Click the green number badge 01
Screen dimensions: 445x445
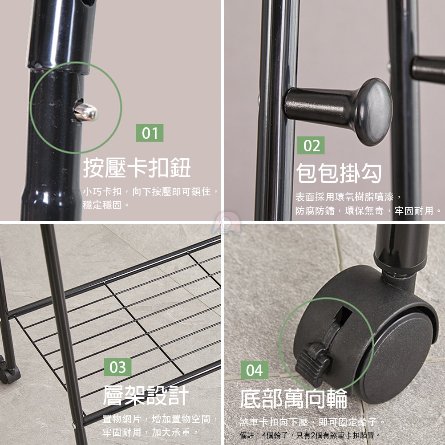150,133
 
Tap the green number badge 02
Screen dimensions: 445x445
311,146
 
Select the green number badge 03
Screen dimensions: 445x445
118,367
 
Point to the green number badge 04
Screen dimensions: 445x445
255,370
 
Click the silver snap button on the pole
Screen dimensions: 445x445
86,112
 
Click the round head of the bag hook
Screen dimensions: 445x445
373,112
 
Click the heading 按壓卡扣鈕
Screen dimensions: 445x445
137,168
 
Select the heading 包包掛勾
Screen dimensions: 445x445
339,173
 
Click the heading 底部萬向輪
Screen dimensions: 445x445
293,398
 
